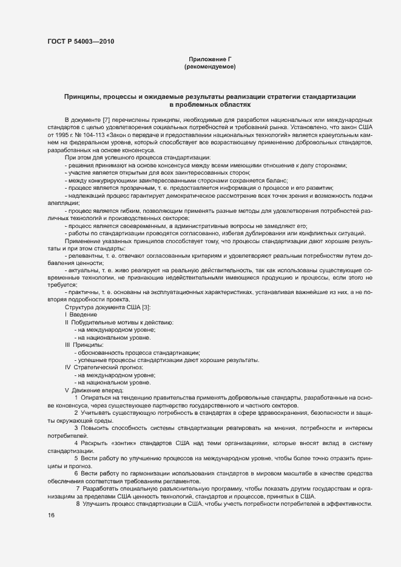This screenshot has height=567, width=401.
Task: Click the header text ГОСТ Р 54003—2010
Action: tap(80, 41)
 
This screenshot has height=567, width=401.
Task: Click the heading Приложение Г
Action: tap(209, 58)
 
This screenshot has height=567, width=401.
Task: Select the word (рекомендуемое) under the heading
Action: tap(209, 66)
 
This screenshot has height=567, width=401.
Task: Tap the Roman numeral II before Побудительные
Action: tap(67, 322)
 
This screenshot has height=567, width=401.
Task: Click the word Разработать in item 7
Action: tap(101, 488)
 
